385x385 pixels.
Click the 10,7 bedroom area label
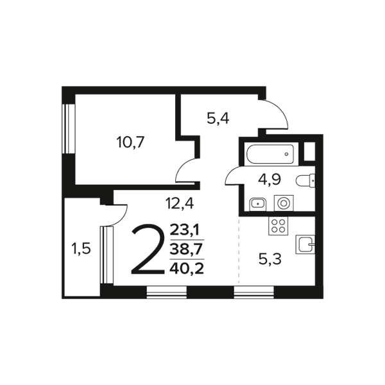point(130,142)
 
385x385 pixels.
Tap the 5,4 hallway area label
point(218,119)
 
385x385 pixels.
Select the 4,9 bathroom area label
point(269,180)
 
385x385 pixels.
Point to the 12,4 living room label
point(180,203)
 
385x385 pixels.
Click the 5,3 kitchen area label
point(270,259)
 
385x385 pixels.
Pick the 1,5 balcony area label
point(81,249)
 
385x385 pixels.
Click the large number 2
point(148,250)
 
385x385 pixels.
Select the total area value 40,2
point(187,269)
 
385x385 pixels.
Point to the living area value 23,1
point(186,230)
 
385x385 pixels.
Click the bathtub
point(270,154)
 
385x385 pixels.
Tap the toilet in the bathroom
point(305,181)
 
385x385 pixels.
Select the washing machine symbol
point(284,203)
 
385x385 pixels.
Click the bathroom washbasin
point(258,204)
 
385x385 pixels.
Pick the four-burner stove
point(278,226)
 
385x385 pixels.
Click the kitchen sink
point(305,244)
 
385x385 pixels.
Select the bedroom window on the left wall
point(68,129)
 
